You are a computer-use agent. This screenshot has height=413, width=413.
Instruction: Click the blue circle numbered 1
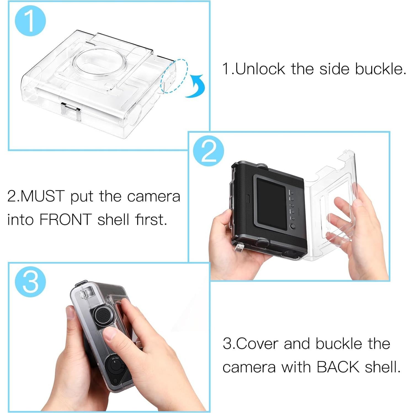(30, 21)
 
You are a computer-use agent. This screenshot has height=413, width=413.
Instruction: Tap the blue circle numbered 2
(208, 151)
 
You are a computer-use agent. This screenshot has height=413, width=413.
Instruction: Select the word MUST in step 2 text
(43, 196)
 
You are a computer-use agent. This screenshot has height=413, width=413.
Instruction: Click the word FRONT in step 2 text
(65, 220)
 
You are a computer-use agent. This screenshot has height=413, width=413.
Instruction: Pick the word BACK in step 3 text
(338, 367)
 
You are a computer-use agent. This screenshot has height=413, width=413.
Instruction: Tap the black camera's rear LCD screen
(271, 199)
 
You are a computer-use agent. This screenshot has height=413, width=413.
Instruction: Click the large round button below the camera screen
(292, 227)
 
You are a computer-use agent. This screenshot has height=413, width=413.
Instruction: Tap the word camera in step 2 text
(153, 196)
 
